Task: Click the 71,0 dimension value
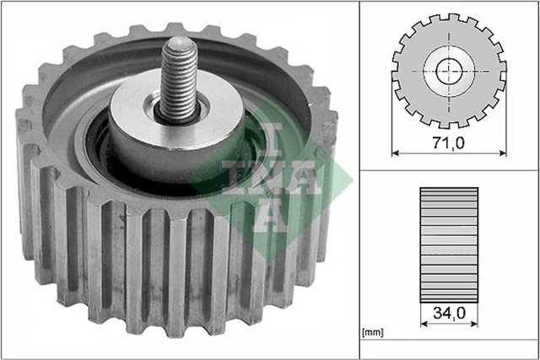pyautogui.click(x=449, y=143)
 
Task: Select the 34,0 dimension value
pyautogui.click(x=449, y=313)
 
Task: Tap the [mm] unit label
pyautogui.click(x=373, y=332)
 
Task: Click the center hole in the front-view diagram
pyautogui.click(x=450, y=69)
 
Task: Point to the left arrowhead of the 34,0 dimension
pyautogui.click(x=423, y=324)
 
